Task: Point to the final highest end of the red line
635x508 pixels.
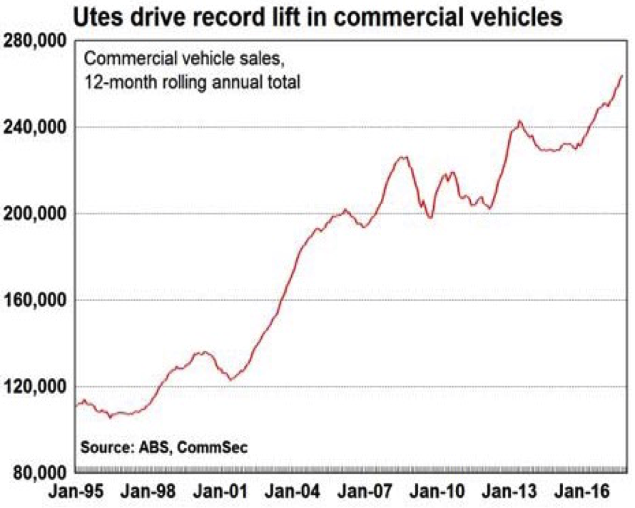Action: click(622, 76)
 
